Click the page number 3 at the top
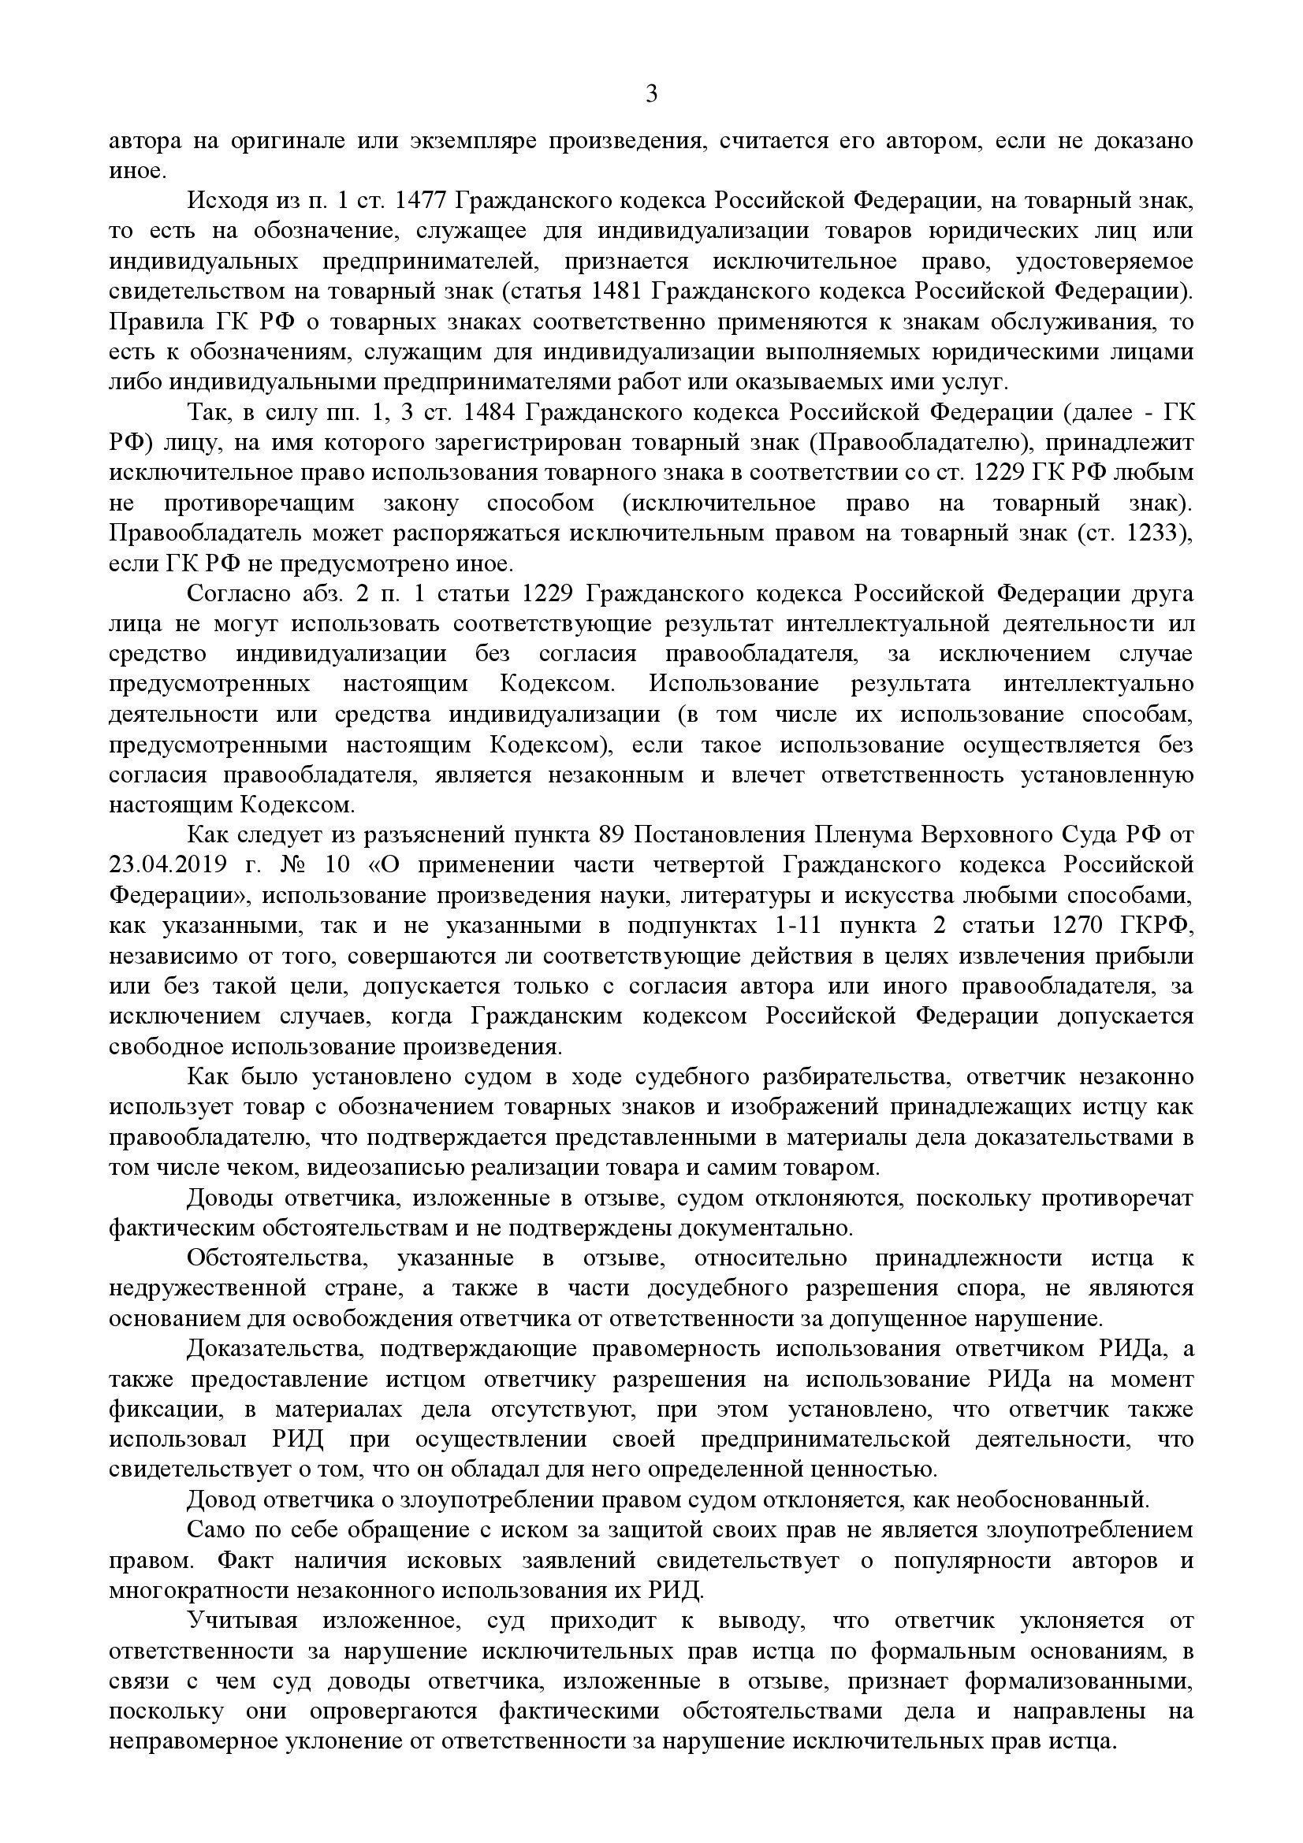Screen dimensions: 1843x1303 (651, 95)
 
